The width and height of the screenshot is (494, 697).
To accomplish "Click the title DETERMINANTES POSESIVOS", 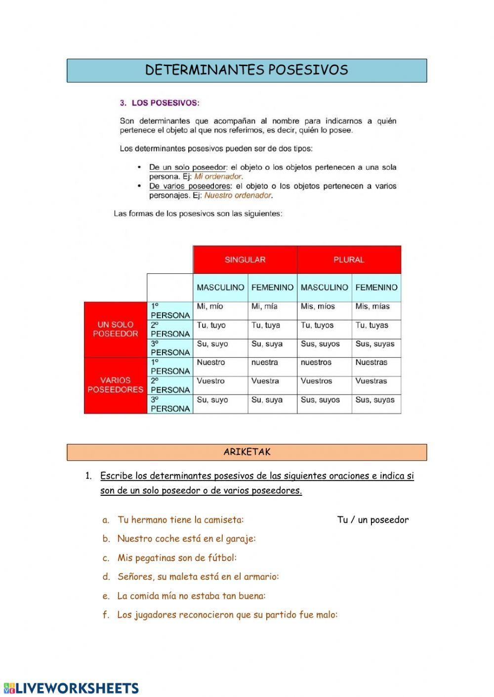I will pos(247,70).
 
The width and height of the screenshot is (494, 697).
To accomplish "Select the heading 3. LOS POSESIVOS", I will pos(160,103).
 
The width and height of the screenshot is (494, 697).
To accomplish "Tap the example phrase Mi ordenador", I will pos(218,176).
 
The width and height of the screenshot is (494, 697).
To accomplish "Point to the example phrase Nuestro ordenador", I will pos(238,195).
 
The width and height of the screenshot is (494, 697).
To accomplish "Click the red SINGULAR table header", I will pos(245,259).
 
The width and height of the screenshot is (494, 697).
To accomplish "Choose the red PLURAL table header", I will pos(349,259).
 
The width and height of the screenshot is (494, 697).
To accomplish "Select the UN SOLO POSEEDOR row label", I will pos(116,329).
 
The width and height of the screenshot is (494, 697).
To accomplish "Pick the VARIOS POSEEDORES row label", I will pos(116,385).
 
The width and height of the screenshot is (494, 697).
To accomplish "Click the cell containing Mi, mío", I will pos(220,310).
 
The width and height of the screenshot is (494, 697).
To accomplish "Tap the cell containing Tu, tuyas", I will pos(376,329).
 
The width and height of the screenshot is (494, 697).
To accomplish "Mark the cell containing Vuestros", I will pos(324,385).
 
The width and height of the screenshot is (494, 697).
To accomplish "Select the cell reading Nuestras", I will pos(376,366).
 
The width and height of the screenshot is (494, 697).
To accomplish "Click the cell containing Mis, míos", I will pos(324,310).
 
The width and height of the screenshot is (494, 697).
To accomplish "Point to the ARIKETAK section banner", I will pos(247,452).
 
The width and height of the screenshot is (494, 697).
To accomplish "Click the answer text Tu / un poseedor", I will pos(373,520).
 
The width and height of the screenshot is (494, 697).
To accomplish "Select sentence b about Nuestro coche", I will pos(186,539).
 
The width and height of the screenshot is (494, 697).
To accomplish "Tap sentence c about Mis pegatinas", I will pos(177,558).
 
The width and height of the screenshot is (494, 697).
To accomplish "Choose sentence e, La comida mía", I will pos(191,596).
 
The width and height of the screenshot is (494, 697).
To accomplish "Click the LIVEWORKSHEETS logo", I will pos(72,688).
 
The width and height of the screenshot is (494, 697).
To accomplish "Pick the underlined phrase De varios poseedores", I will pos(190,186).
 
